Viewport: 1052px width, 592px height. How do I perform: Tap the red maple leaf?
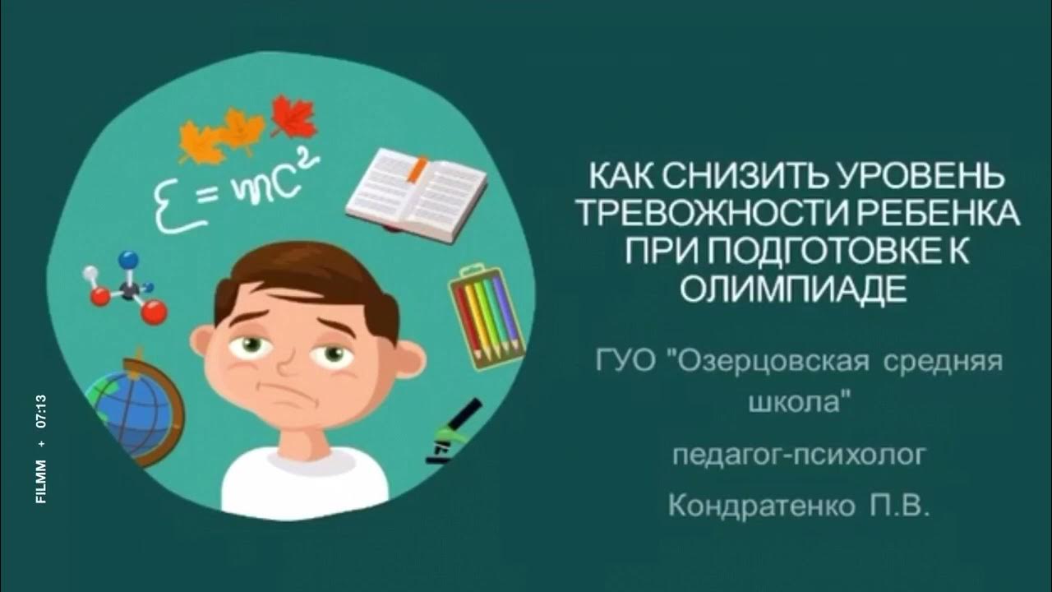point(293,118)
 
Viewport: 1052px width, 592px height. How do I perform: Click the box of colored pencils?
point(487,313)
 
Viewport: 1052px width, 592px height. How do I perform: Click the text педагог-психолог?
point(796,454)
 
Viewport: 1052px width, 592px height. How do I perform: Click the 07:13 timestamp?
point(41,411)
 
